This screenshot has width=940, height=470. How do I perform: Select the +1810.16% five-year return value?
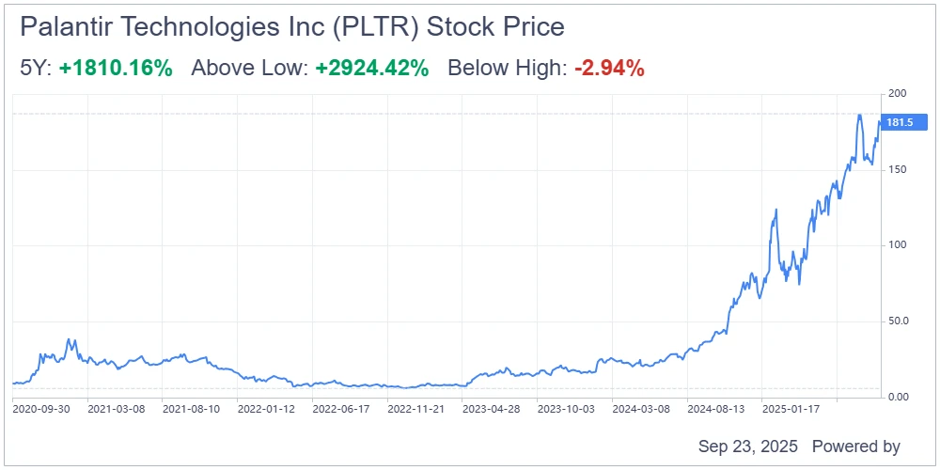tap(116, 68)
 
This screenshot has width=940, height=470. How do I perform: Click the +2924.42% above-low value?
tap(372, 68)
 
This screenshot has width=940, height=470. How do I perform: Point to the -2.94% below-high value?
tap(609, 68)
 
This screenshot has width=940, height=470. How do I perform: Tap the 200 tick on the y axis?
tap(898, 93)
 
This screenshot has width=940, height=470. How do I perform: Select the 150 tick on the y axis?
tap(898, 169)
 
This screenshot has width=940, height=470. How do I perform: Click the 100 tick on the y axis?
tap(898, 245)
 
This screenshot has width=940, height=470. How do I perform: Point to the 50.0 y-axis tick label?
tap(900, 321)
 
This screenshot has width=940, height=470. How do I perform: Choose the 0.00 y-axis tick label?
tap(900, 397)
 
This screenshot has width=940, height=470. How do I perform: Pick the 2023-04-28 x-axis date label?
tap(491, 409)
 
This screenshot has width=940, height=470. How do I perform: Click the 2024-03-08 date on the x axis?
tap(641, 409)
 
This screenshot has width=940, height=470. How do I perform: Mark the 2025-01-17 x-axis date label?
tap(791, 409)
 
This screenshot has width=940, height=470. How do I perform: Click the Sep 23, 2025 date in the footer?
tap(747, 446)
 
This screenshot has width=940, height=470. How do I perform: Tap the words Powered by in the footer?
tap(855, 446)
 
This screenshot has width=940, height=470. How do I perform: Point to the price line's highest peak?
tap(859, 115)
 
